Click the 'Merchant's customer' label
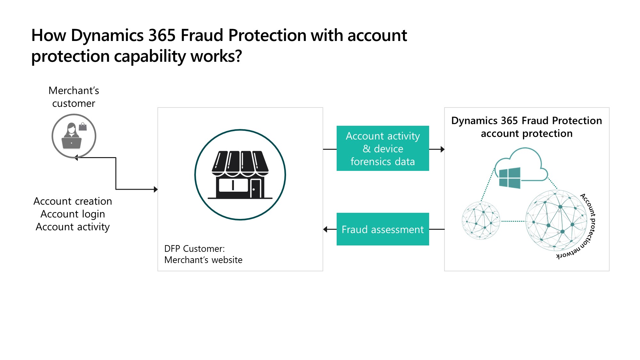pos(74,97)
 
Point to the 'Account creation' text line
pos(73,201)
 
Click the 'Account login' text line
pos(73,214)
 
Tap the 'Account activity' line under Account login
pos(73,227)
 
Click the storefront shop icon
pos(240,175)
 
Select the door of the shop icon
pos(256,189)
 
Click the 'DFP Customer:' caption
pos(195,249)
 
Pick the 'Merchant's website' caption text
pos(203,260)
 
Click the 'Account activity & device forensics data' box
pos(383,148)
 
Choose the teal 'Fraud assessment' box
pos(383,229)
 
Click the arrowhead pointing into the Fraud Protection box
pos(443,149)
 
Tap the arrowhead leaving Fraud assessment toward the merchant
pos(325,229)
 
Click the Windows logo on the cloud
pos(509,178)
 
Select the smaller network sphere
pos(481,220)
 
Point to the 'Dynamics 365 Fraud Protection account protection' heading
pos(526,127)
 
